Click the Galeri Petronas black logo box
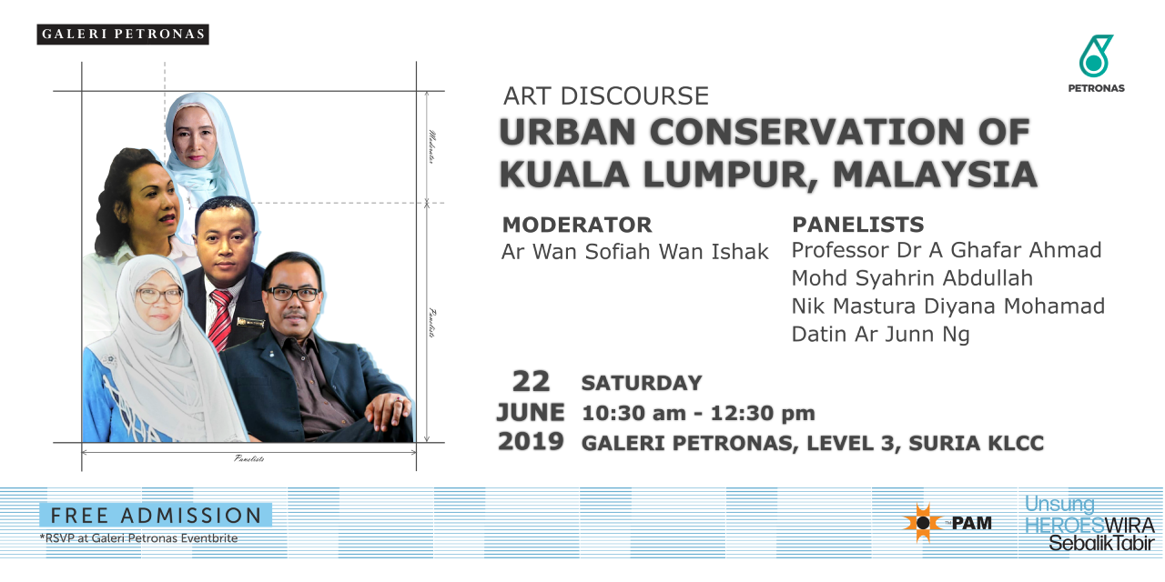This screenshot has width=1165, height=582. tap(123, 35)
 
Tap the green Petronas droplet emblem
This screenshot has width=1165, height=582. tap(1095, 55)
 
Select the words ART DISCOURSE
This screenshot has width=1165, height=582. tap(606, 96)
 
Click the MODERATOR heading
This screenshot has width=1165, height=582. tap(577, 225)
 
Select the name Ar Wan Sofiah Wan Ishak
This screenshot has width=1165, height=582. tap(635, 252)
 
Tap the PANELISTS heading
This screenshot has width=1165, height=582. tap(858, 225)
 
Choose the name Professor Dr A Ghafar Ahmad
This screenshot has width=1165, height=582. tap(947, 250)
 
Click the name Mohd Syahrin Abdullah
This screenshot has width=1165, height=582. tap(912, 278)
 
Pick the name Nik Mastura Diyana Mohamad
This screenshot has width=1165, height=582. tap(948, 306)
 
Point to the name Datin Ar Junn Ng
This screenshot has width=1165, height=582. tap(880, 335)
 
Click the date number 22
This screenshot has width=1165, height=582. tap(531, 382)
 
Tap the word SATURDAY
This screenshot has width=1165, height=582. tap(642, 384)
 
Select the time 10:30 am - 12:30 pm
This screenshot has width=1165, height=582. tap(698, 414)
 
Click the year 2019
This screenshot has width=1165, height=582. tap(531, 442)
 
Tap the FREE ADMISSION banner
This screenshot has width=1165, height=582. tap(156, 516)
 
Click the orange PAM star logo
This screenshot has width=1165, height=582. tap(922, 523)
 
